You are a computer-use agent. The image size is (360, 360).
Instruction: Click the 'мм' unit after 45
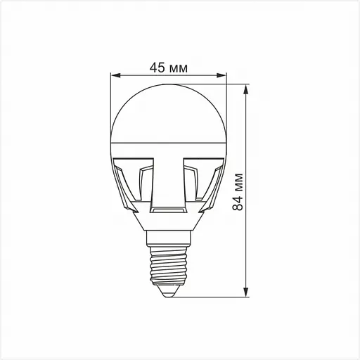(179, 67)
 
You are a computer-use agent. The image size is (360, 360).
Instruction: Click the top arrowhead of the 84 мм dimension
(245, 91)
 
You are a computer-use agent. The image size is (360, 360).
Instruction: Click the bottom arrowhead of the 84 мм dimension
(245, 292)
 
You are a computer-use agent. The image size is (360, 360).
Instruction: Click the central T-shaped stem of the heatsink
(169, 176)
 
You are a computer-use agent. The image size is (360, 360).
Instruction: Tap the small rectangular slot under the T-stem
(169, 210)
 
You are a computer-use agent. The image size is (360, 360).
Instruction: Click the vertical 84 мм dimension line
(245, 141)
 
